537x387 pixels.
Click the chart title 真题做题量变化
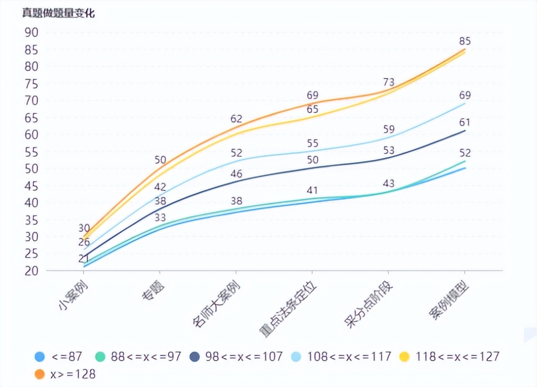pos(58,13)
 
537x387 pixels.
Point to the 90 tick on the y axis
pos(31,32)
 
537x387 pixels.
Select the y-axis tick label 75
pos(31,84)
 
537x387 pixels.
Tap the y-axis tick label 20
pos(31,270)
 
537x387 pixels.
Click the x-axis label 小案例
pos(71,297)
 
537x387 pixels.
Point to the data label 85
pos(465,41)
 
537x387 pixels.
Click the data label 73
pos(388,82)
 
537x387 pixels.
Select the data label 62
pos(236,119)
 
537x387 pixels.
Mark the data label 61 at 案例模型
pos(465,122)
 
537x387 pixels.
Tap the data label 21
pos(84,258)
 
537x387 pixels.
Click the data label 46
pos(236,173)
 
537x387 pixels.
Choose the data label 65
pos(313,109)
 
